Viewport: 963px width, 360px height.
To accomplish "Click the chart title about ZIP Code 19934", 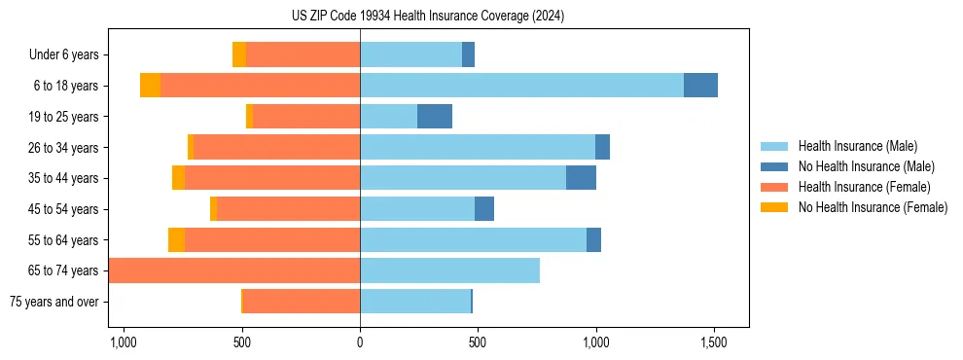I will [428, 17].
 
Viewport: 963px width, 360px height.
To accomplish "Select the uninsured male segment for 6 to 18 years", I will [700, 86].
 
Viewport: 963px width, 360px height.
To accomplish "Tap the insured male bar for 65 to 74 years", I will [449, 270].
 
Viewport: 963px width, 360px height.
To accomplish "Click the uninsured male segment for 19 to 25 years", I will [435, 117].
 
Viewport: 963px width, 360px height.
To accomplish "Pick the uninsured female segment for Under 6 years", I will [239, 54].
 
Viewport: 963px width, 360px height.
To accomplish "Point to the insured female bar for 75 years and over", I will [302, 302].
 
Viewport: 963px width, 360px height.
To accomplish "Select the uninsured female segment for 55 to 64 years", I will [176, 239].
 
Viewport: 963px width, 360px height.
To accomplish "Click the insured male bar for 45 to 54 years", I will [417, 209].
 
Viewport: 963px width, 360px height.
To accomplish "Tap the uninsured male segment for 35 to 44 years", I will [581, 178].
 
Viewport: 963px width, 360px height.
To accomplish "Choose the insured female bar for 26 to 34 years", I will [277, 147].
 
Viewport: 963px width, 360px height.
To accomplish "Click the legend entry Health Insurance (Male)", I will [857, 146].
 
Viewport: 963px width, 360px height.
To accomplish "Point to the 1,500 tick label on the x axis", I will [714, 342].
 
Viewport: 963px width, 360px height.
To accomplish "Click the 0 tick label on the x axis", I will [360, 342].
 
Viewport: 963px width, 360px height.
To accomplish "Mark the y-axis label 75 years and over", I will [53, 302].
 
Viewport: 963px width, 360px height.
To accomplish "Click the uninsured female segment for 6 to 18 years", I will [150, 86].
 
